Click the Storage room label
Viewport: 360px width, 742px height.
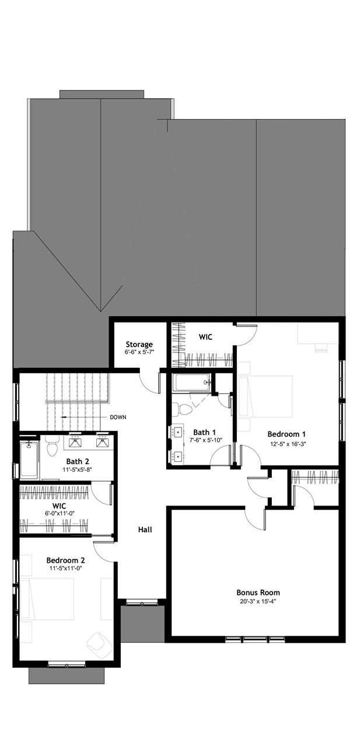point(138,344)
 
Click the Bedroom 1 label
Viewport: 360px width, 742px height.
point(286,434)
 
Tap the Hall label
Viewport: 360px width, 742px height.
point(145,529)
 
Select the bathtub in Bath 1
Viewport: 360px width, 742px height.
point(192,384)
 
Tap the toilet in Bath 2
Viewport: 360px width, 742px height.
point(51,448)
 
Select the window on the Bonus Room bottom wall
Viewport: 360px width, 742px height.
point(255,639)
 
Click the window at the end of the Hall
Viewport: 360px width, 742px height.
point(141,602)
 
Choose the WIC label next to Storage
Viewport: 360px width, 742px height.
point(205,337)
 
